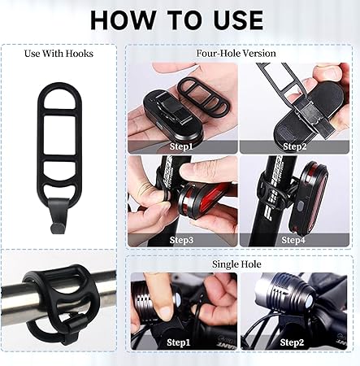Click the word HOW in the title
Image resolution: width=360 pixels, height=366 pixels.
point(122,20)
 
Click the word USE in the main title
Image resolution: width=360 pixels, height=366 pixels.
point(238,20)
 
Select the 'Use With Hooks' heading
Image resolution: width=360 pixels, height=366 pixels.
point(59,54)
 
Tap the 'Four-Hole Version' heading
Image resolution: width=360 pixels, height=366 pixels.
point(236,53)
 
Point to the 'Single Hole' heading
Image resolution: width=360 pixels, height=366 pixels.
point(236,264)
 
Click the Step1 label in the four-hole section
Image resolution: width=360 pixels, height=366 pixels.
point(181,146)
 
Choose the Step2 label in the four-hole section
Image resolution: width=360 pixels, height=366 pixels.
point(295,146)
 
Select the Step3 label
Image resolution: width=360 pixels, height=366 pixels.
point(181,240)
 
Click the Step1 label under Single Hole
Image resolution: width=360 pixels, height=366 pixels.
point(179,342)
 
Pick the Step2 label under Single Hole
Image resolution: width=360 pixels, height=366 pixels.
point(292,342)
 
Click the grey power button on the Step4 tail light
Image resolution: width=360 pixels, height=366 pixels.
point(300,207)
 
